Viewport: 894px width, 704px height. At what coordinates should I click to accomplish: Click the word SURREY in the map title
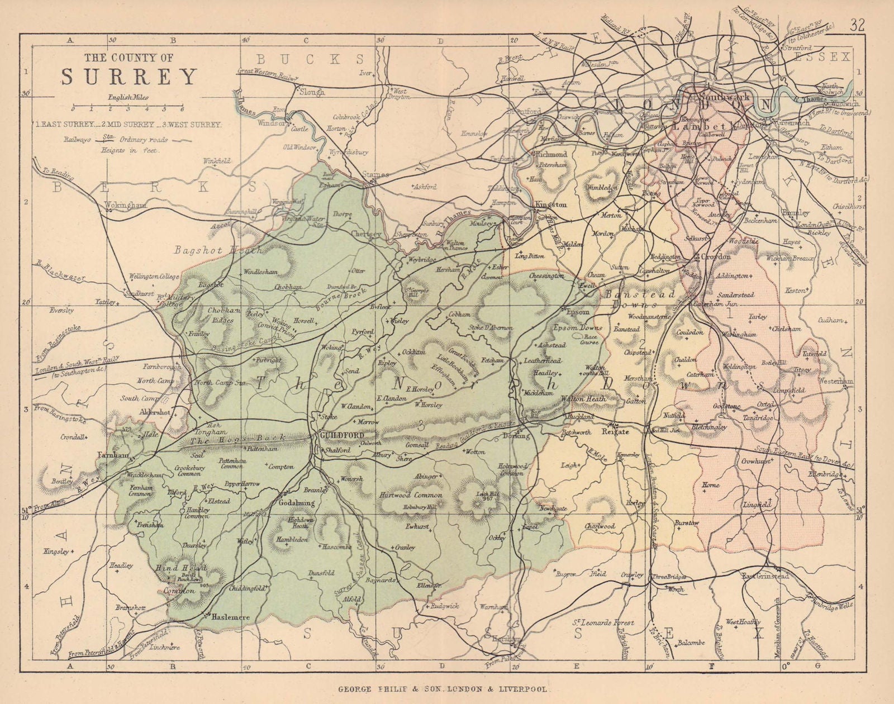coord(129,77)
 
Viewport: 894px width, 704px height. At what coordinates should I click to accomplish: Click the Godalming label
coord(297,503)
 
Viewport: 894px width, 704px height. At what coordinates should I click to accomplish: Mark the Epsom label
coord(575,312)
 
